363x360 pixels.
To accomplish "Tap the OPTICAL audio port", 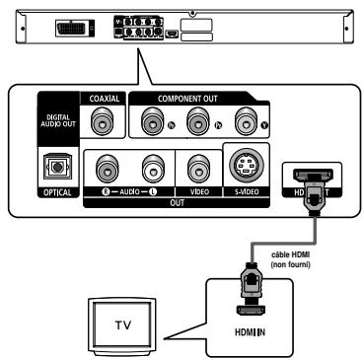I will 53,166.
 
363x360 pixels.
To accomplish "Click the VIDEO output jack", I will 194,166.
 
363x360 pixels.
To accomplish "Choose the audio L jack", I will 147,166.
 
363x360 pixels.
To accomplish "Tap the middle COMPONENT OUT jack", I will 200,121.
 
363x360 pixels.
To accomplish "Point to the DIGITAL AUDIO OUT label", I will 54,120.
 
